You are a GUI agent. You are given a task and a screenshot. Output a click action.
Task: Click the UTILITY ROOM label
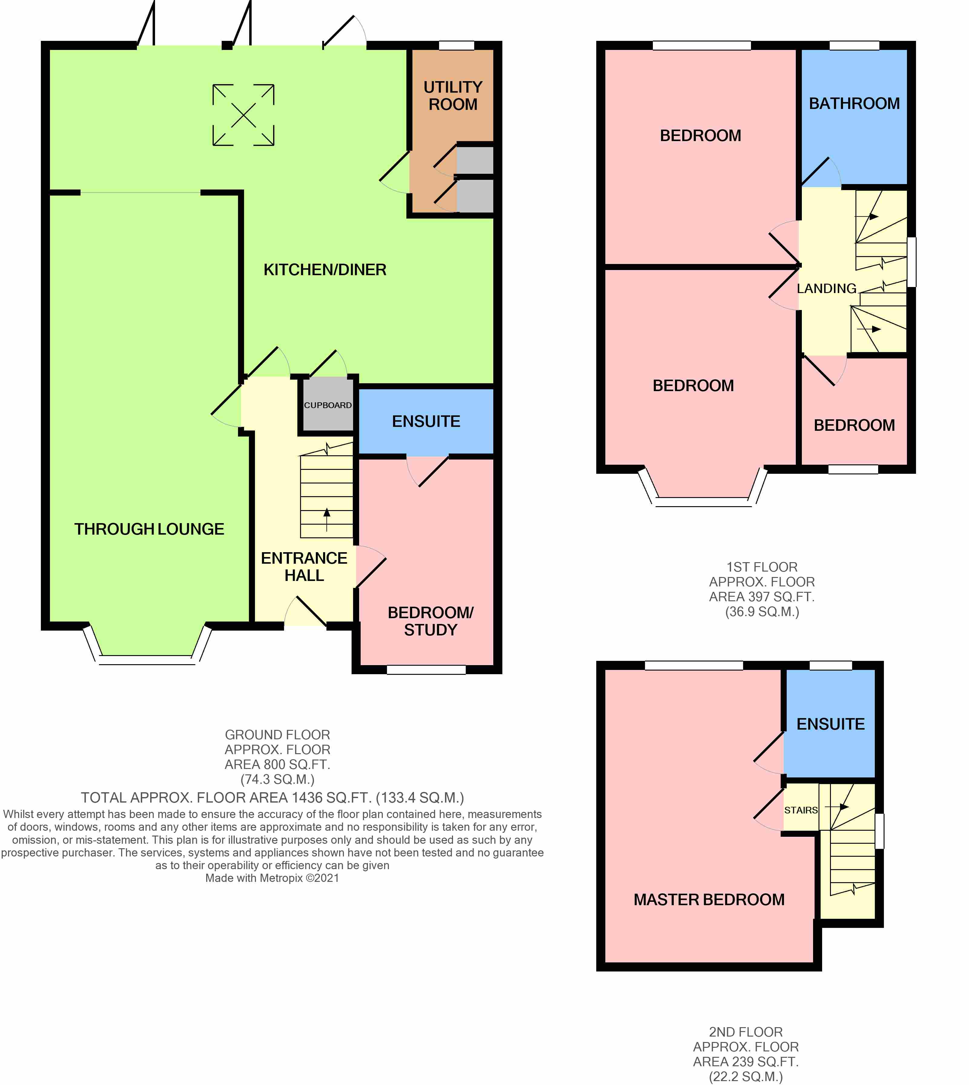pyautogui.click(x=453, y=96)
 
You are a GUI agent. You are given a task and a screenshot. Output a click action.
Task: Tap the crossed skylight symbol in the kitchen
pyautogui.click(x=243, y=115)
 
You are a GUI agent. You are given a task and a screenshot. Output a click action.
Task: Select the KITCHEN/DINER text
pyautogui.click(x=325, y=270)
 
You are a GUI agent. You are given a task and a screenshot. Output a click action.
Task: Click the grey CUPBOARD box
pyautogui.click(x=327, y=405)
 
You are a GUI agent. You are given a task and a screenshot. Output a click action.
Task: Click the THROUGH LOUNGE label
pyautogui.click(x=149, y=529)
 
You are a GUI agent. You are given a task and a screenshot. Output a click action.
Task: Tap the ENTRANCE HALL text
pyautogui.click(x=304, y=566)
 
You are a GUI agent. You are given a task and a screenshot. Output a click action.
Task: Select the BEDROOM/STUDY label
pyautogui.click(x=430, y=621)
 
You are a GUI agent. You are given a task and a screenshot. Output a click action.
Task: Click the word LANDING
pyautogui.click(x=826, y=289)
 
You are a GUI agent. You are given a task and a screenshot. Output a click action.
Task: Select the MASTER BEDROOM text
pyautogui.click(x=709, y=900)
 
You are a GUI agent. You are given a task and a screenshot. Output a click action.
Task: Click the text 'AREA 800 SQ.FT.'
pyautogui.click(x=277, y=764)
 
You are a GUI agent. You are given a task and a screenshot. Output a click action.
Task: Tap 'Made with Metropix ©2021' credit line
pyautogui.click(x=272, y=878)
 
